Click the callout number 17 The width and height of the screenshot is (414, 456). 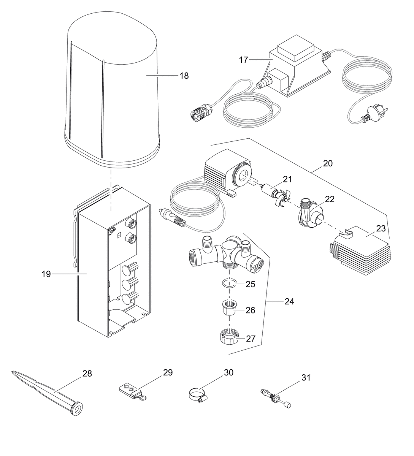tap(243, 60)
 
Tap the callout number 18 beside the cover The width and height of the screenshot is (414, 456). tap(184, 76)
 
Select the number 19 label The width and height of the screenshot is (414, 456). tap(46, 274)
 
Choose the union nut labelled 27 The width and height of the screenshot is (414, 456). tap(229, 336)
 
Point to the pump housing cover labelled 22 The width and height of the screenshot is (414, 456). tap(310, 215)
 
